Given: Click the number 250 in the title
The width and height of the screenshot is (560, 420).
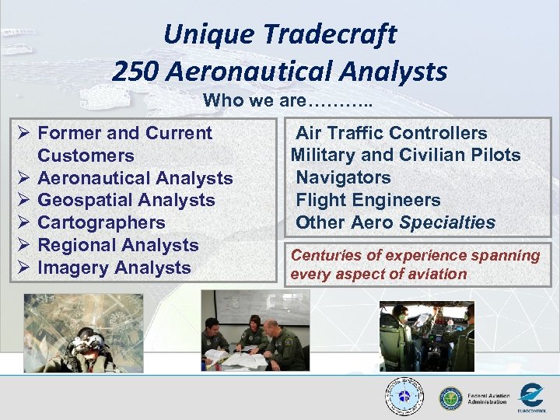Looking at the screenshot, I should (136, 72).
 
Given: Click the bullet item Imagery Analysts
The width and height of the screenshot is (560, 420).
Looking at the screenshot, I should (114, 268).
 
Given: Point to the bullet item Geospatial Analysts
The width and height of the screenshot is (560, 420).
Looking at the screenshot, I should (126, 200).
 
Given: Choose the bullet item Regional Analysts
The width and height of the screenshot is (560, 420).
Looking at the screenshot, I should (118, 245).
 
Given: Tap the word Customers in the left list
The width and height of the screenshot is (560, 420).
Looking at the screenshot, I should (86, 156).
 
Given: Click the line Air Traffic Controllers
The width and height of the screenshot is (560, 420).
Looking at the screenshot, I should (391, 133).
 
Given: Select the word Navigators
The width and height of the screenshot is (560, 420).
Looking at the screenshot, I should (343, 177).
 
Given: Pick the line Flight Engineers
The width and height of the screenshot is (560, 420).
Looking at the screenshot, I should (368, 200).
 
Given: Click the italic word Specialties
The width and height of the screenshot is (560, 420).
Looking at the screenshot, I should (447, 222).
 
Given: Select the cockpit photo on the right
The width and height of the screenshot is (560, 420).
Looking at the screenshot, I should (427, 335).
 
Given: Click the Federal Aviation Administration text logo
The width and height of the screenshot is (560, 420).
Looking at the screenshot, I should (488, 398).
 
